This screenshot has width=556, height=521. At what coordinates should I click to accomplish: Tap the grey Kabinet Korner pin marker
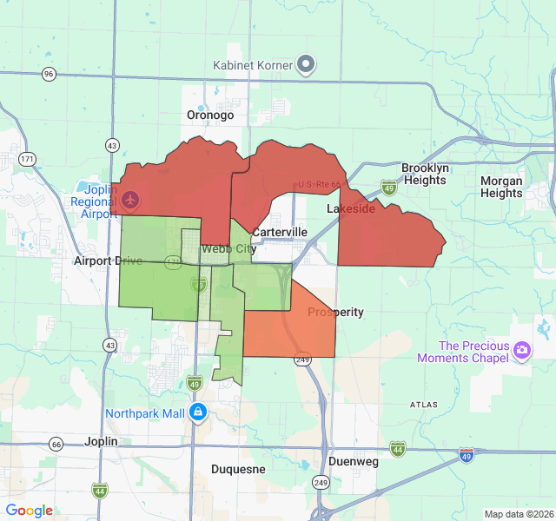click(x=306, y=64)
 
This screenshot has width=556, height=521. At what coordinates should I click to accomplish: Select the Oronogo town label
click(x=210, y=115)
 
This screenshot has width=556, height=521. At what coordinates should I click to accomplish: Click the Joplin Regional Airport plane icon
click(x=131, y=201)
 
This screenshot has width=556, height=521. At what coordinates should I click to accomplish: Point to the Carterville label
click(x=279, y=233)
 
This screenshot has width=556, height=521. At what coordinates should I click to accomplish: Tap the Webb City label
click(x=228, y=249)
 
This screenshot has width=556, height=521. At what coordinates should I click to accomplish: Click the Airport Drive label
click(x=108, y=260)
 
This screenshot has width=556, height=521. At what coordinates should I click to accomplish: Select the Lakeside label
click(x=351, y=209)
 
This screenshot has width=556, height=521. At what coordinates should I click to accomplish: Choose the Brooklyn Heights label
click(x=424, y=174)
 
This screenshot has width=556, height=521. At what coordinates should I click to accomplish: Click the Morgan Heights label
click(x=501, y=187)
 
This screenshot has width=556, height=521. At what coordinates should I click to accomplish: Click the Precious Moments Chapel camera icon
click(x=522, y=350)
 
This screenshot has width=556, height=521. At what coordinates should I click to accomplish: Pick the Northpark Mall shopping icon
click(x=198, y=411)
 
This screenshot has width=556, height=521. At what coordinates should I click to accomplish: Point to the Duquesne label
click(x=238, y=469)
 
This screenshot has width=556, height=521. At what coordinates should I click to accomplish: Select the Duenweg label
click(x=354, y=462)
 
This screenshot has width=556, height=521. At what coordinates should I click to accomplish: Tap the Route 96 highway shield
click(x=49, y=74)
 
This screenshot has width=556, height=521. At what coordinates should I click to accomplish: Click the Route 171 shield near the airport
click(x=28, y=159)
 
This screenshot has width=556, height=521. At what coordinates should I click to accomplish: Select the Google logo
click(x=30, y=511)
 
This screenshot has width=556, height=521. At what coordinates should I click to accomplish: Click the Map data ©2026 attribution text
click(x=518, y=514)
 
